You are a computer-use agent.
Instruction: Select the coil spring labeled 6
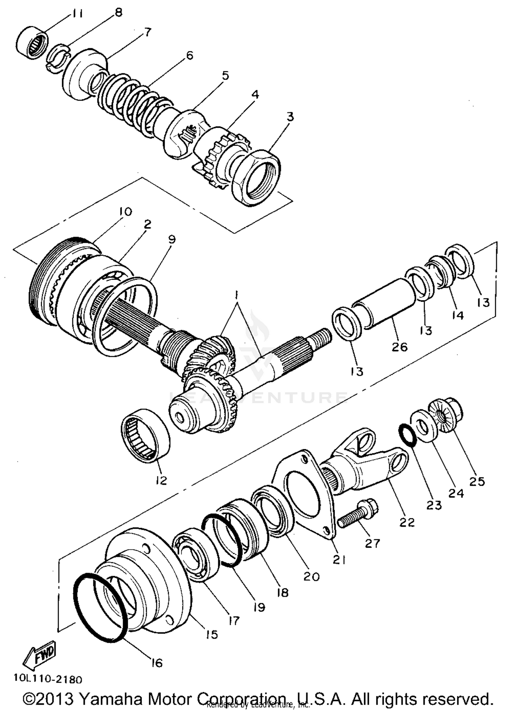[133, 105]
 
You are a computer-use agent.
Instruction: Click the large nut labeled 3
[257, 177]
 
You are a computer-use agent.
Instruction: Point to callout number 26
[399, 347]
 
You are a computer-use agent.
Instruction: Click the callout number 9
[171, 239]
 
